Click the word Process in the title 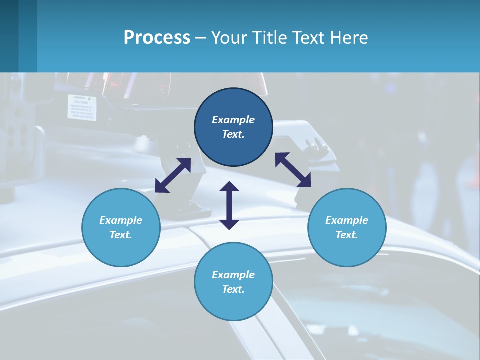tap(157, 38)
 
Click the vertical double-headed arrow tap(229, 205)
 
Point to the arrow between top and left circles tap(173, 175)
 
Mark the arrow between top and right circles tap(293, 170)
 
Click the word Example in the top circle tap(233, 120)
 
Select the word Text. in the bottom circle tap(233, 289)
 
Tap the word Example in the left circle tap(121, 220)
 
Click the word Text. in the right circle tap(347, 235)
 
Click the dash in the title tap(201, 38)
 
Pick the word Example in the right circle tap(347, 220)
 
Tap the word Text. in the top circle tap(233, 134)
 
